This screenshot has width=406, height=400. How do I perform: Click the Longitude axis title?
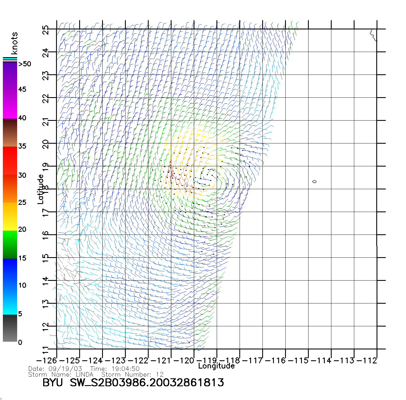click(x=216, y=366)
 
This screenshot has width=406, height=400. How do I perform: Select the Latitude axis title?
click(x=41, y=189)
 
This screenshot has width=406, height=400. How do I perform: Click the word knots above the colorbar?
click(x=14, y=43)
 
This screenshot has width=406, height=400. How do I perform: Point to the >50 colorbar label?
click(x=25, y=64)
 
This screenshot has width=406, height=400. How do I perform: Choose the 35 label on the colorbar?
click(x=22, y=146)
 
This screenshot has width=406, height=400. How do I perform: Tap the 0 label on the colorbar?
click(x=20, y=342)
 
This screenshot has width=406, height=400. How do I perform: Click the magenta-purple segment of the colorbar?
click(x=10, y=90)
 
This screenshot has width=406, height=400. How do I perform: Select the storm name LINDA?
click(x=85, y=374)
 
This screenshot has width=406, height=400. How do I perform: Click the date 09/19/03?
click(x=65, y=369)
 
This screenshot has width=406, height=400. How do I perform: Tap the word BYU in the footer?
click(x=53, y=383)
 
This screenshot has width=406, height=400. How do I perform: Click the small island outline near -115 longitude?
click(x=315, y=181)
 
